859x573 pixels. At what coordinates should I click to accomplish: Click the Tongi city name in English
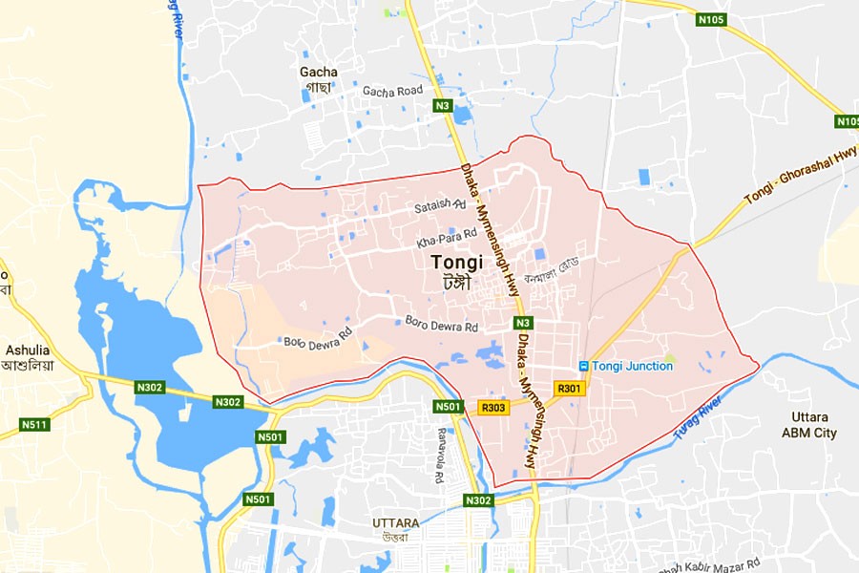tap(456, 261)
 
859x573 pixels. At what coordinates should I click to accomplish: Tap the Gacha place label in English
tap(318, 72)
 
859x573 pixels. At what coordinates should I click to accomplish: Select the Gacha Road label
tap(391, 91)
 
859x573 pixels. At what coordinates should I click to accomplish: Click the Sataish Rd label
tap(438, 205)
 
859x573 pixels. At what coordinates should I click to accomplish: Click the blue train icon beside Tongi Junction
tap(583, 366)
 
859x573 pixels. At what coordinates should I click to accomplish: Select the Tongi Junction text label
tap(632, 366)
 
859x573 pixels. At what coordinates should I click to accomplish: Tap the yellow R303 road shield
tap(493, 407)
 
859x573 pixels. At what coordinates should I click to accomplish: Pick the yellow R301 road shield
tap(569, 388)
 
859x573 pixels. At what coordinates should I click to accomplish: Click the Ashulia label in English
tap(27, 350)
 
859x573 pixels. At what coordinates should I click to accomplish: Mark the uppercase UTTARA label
tap(395, 523)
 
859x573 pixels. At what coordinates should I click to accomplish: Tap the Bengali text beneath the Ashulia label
tap(26, 365)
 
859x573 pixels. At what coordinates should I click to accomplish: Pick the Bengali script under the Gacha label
tap(317, 87)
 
